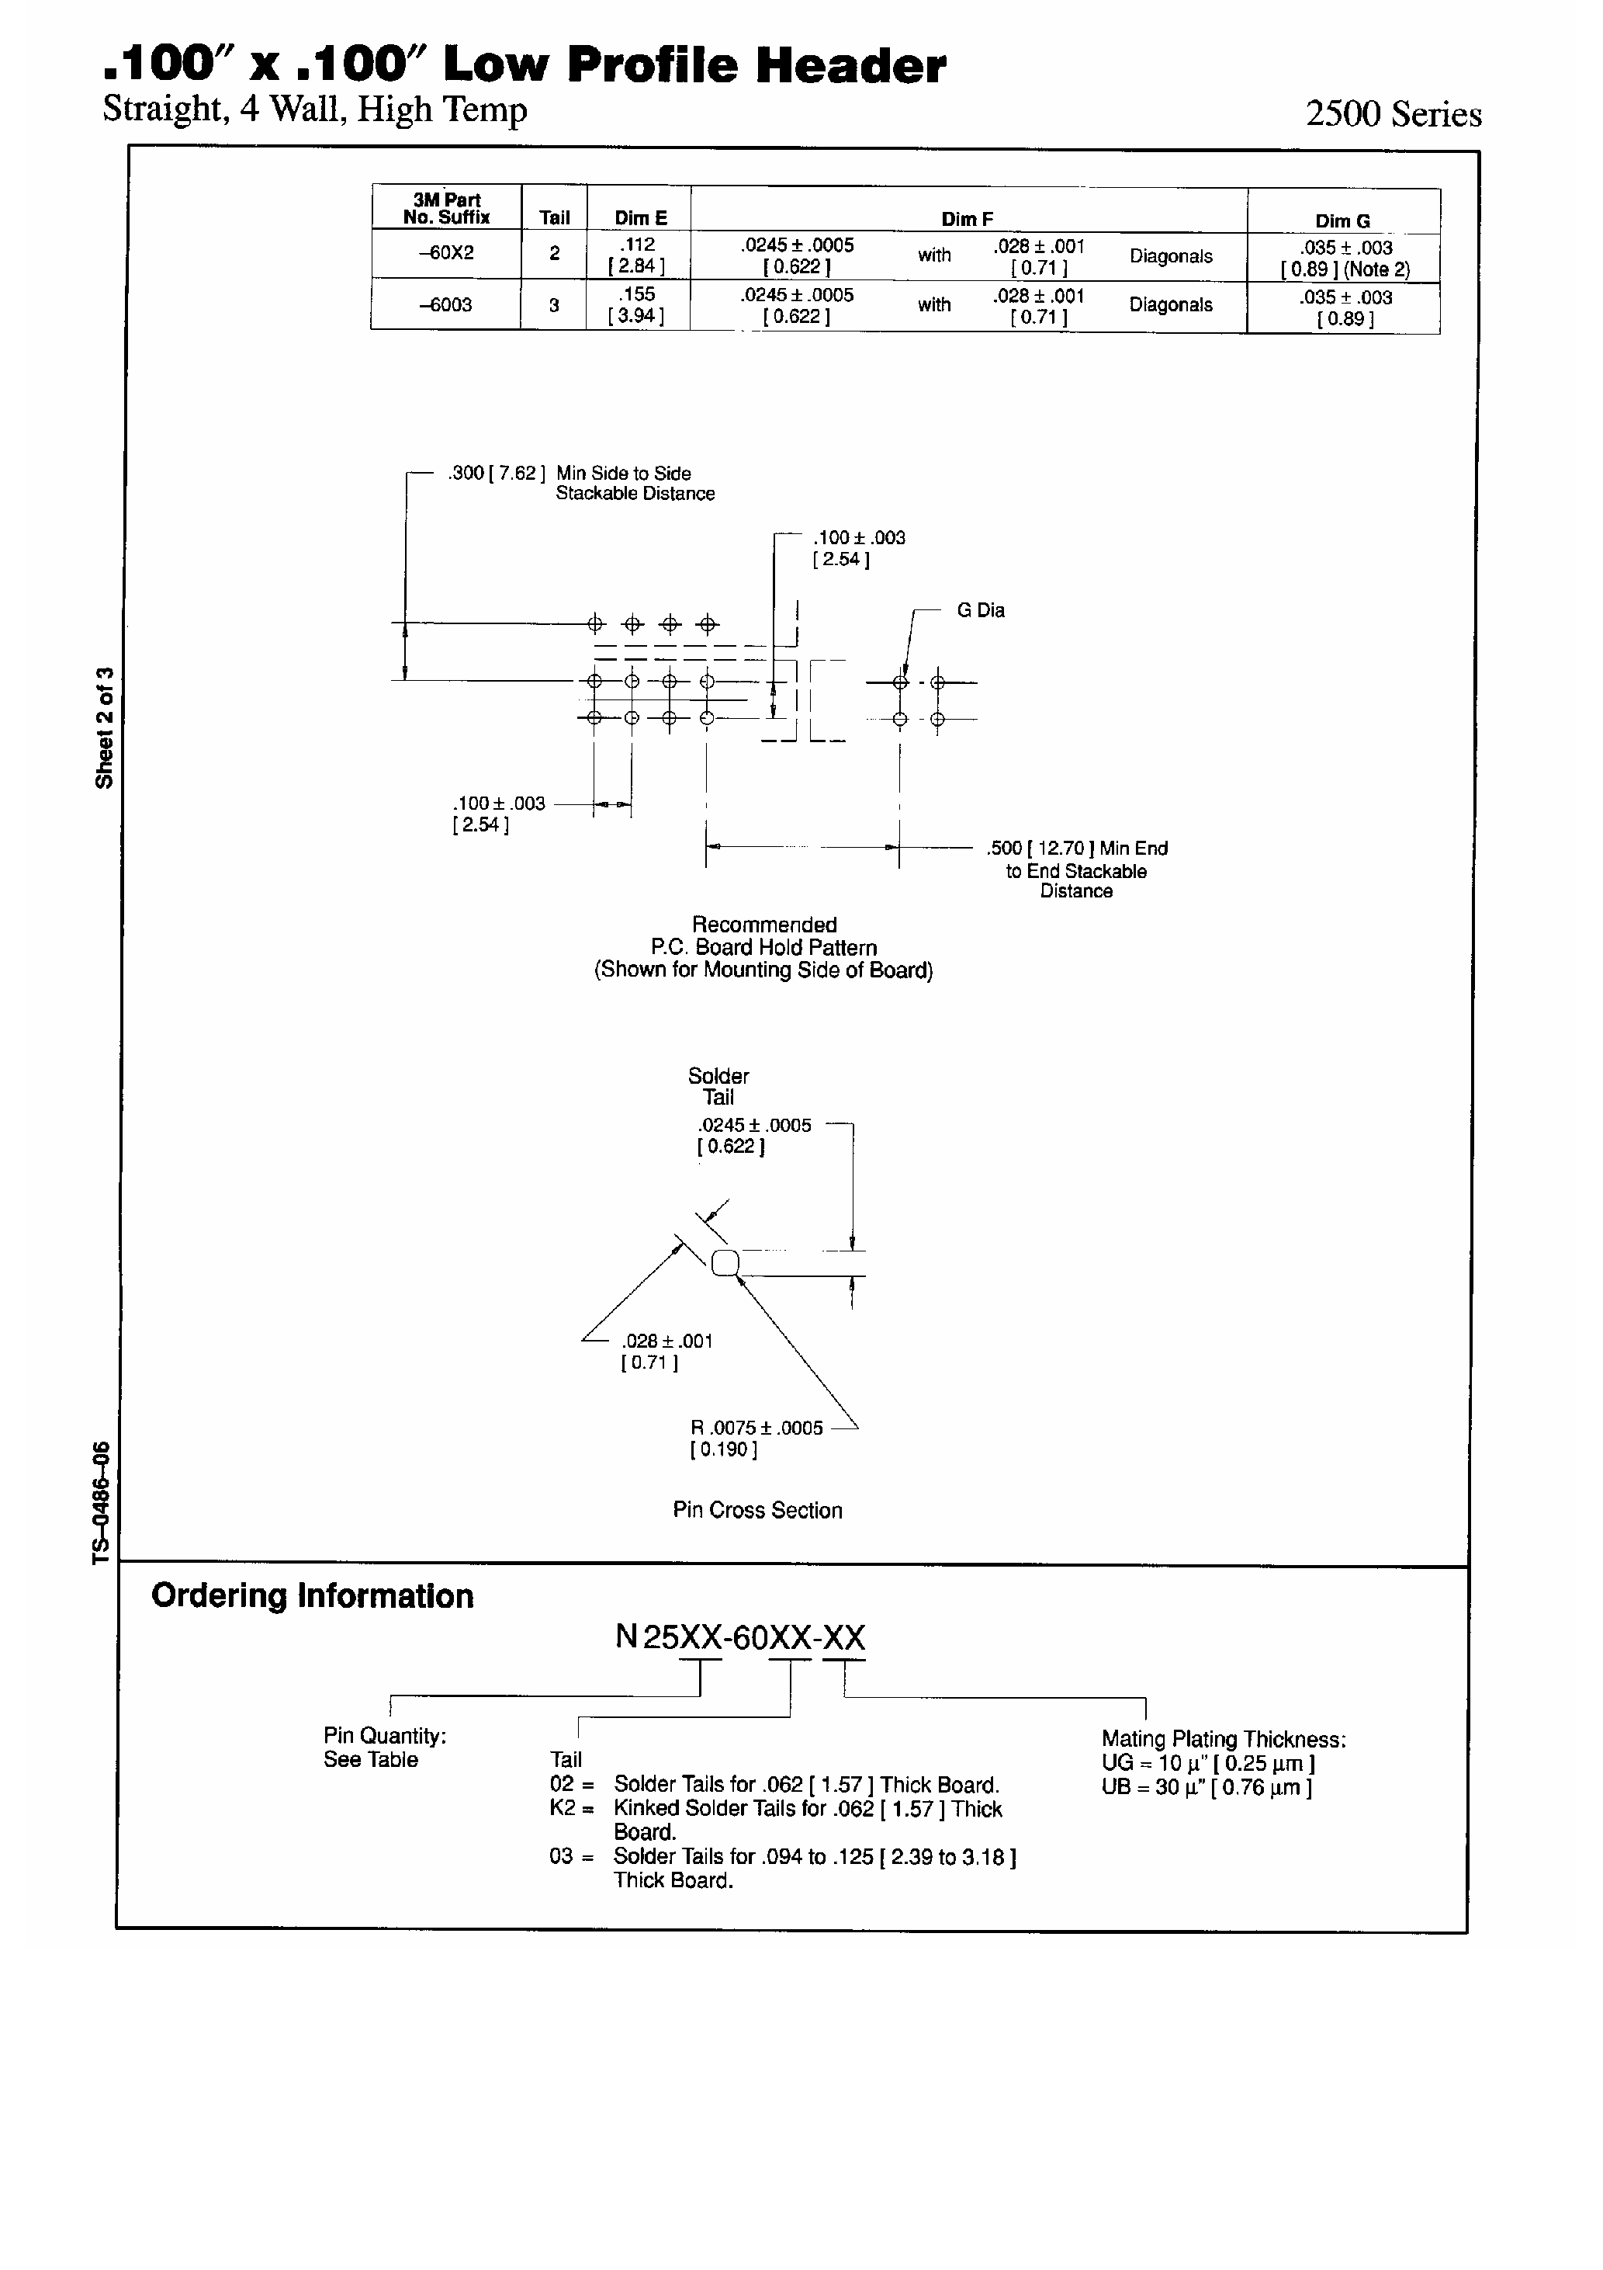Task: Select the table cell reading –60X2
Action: coord(447,253)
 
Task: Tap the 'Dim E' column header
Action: coord(640,218)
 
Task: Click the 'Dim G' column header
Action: coord(1342,221)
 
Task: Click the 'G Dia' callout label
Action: coord(981,611)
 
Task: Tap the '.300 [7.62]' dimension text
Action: coord(496,474)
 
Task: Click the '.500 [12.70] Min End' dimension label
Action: coord(1077,849)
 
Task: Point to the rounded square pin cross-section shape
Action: coord(725,1262)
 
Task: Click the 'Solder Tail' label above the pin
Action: coord(718,1087)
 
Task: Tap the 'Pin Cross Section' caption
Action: coord(758,1510)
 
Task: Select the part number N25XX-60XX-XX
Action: coord(740,1637)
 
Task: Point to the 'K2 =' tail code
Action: coord(572,1808)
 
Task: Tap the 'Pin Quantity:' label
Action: coord(386,1736)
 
